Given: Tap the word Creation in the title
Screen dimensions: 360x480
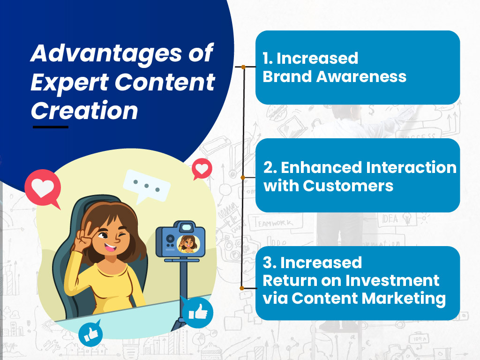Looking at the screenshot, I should pyautogui.click(x=84, y=111).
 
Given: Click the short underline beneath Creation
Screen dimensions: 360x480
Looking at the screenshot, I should pyautogui.click(x=50, y=127).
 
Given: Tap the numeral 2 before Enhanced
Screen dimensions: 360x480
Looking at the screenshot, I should pyautogui.click(x=269, y=167).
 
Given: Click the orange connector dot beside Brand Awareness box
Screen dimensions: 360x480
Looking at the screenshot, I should pyautogui.click(x=243, y=67).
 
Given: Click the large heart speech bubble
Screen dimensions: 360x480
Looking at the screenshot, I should pyautogui.click(x=43, y=187).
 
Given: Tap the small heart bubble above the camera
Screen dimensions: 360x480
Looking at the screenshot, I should pyautogui.click(x=202, y=169).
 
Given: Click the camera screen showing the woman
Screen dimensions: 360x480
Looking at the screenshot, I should pyautogui.click(x=188, y=243).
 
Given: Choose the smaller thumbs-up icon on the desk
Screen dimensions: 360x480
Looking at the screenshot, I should pyautogui.click(x=90, y=334).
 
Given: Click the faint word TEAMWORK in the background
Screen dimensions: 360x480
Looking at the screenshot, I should pyautogui.click(x=274, y=224).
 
